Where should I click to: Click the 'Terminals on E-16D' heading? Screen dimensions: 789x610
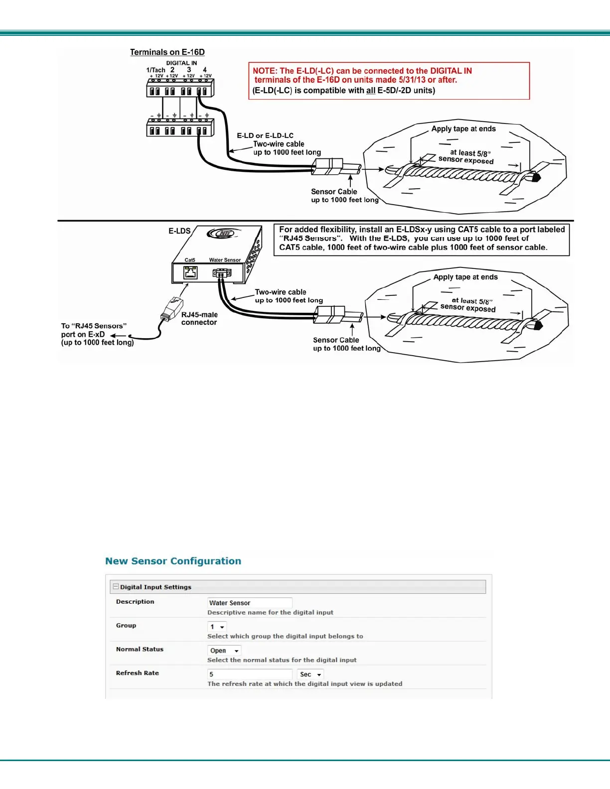pos(167,52)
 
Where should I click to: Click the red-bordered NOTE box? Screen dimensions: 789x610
pos(389,81)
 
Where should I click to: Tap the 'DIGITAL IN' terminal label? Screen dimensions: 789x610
pos(181,63)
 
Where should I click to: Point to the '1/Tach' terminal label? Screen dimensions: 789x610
pos(155,70)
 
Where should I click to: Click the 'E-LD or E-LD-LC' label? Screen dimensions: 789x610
pos(265,135)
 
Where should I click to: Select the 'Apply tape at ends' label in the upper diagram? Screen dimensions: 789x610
pos(463,129)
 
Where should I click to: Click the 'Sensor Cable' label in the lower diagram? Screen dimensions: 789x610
pos(336,340)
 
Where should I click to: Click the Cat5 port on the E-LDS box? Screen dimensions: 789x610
pos(190,272)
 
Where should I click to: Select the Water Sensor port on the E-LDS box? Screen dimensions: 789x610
pos(222,273)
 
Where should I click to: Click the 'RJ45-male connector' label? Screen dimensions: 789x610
pos(199,319)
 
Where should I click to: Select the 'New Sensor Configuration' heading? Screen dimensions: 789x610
pos(173,561)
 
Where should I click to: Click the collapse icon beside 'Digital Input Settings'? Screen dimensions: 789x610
pos(116,587)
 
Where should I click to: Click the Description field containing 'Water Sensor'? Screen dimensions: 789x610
pos(249,603)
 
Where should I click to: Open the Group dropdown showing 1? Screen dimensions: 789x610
pos(217,627)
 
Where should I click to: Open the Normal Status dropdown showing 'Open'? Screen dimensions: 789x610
pos(224,651)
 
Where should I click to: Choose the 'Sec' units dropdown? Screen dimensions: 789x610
pos(310,674)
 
